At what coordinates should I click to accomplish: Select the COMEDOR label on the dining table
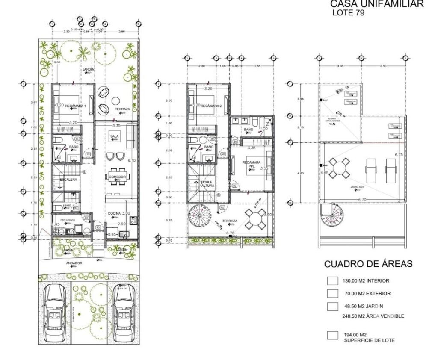117,177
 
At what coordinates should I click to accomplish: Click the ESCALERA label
68,180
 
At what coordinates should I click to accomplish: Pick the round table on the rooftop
340,167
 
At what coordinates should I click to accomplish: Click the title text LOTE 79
348,13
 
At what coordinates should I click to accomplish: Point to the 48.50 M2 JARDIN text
364,306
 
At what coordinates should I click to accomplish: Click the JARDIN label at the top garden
89,70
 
